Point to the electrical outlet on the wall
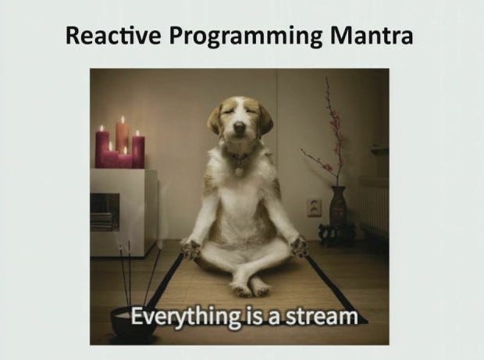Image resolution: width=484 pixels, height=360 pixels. coord(315,208)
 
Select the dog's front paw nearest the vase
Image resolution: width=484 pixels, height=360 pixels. coord(298,247)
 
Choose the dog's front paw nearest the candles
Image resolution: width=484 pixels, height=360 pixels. coord(190,249)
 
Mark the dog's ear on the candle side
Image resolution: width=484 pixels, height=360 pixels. coord(215,118)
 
